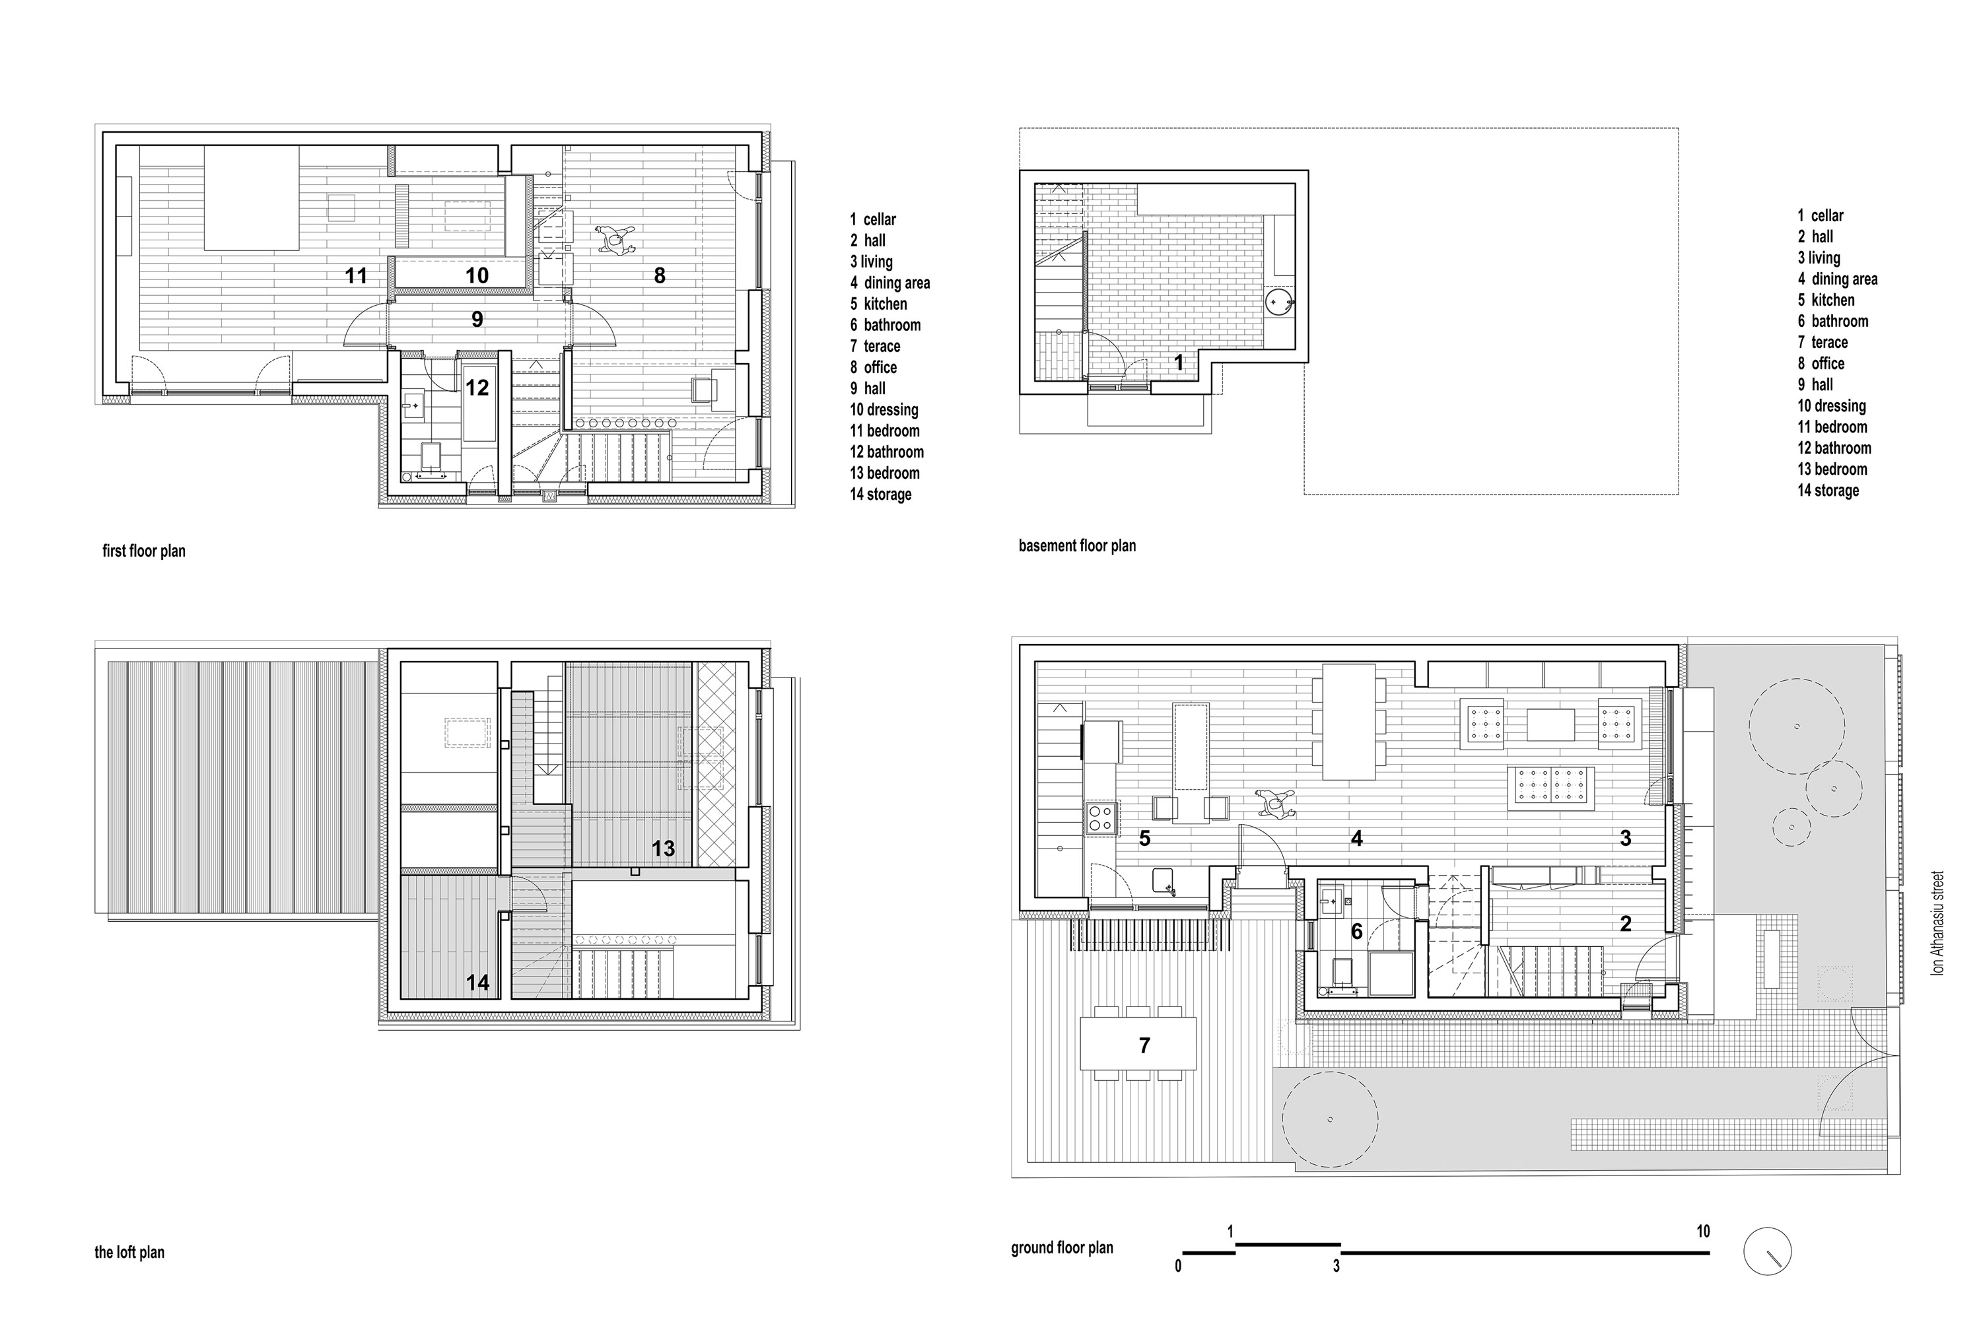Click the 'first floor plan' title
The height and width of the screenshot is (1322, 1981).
(x=143, y=551)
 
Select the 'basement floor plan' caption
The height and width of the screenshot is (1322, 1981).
(x=1076, y=546)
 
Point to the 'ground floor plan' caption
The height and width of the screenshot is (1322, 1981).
(x=1062, y=1248)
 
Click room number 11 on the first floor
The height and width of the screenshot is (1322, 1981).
(x=356, y=276)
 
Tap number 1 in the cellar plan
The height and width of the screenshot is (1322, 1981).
(x=1179, y=363)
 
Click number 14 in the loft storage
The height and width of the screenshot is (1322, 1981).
(x=477, y=982)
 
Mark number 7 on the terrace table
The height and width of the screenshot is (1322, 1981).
(x=1144, y=1045)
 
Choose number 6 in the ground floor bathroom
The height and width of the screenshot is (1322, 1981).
(x=1356, y=932)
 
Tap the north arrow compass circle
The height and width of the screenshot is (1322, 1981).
(x=1767, y=1250)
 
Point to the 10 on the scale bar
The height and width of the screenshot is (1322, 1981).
(x=1703, y=1231)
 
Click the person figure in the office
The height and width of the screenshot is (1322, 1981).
(x=615, y=240)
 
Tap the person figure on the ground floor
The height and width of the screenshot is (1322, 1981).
(x=1274, y=804)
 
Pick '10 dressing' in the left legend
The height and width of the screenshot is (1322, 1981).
(x=884, y=410)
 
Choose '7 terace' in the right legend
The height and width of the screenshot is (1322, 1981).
(x=1823, y=342)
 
